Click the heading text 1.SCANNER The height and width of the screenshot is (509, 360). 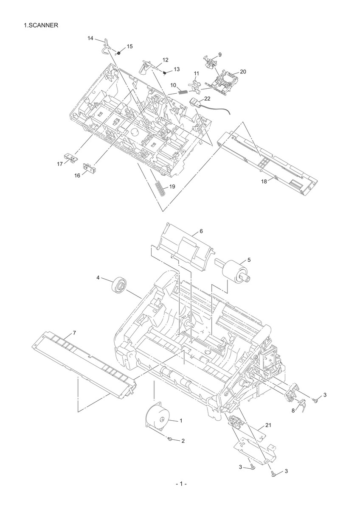point(41,25)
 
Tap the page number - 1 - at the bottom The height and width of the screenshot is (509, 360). point(181,497)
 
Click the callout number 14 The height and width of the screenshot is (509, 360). point(90,38)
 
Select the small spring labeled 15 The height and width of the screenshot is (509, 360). point(118,53)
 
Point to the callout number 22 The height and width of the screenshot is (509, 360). point(207,98)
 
